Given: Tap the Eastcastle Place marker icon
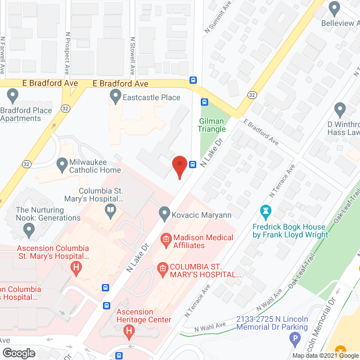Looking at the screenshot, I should (x=115, y=98).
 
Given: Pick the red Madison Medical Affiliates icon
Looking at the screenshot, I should (x=166, y=241).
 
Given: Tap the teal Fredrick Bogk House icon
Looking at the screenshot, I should (x=265, y=211).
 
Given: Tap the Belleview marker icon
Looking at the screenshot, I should (x=335, y=9).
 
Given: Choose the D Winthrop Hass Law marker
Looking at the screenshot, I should (x=340, y=109).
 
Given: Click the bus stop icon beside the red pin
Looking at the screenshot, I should (x=193, y=165).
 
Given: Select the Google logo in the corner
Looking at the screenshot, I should (x=19, y=353).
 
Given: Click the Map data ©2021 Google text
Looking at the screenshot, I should (x=324, y=355).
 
